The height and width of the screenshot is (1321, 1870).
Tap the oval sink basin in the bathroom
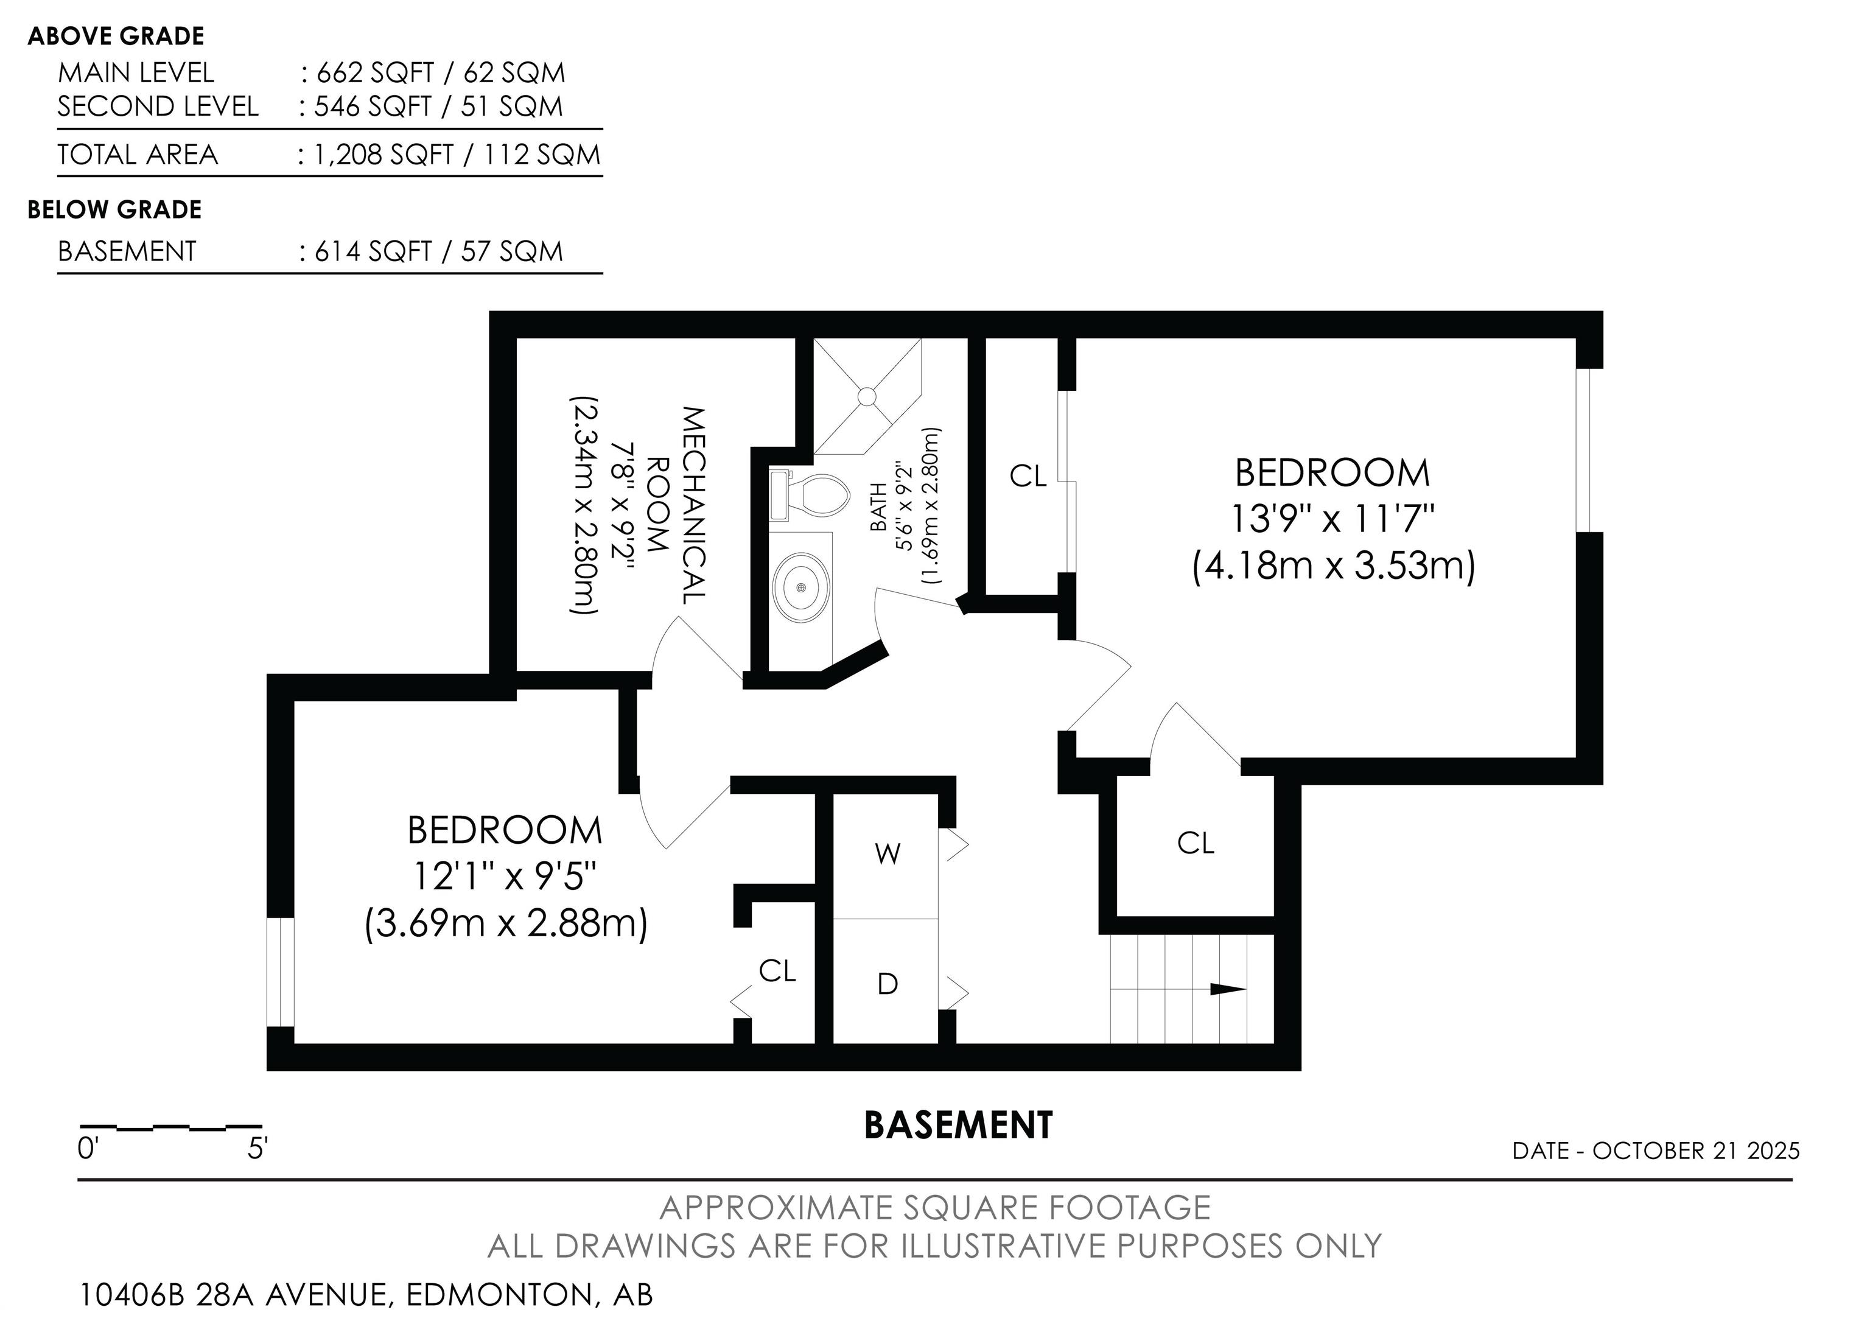(802, 586)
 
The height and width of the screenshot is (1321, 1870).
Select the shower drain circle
(867, 397)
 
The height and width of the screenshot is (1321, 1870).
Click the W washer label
(887, 853)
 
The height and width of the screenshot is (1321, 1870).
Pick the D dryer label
(888, 984)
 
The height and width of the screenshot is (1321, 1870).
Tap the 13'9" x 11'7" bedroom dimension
(1332, 518)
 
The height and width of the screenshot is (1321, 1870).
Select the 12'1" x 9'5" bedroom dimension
(505, 877)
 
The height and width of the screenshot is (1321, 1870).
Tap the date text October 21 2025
(1696, 1151)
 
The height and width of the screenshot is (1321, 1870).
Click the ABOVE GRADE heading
(116, 36)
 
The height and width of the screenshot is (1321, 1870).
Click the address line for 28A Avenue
(366, 1294)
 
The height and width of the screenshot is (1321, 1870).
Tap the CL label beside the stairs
(1196, 843)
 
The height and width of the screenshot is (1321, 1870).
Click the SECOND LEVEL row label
(158, 107)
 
